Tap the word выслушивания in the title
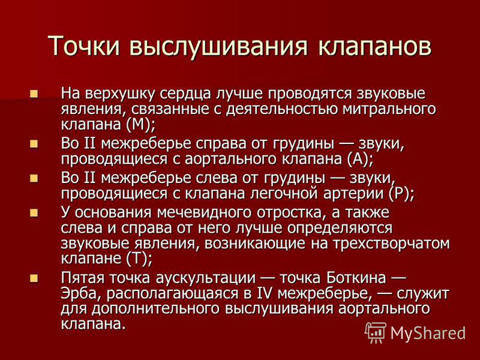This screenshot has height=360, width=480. (218, 47)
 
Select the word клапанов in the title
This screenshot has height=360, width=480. (374, 47)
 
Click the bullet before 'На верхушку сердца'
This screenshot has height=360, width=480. (34, 94)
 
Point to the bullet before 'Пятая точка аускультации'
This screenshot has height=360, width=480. (34, 278)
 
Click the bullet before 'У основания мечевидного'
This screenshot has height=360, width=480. (34, 213)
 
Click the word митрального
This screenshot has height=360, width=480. (389, 109)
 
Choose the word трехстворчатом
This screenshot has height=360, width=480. (391, 244)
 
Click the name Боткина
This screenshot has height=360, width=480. (356, 278)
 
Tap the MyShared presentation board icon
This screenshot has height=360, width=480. (376, 332)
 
